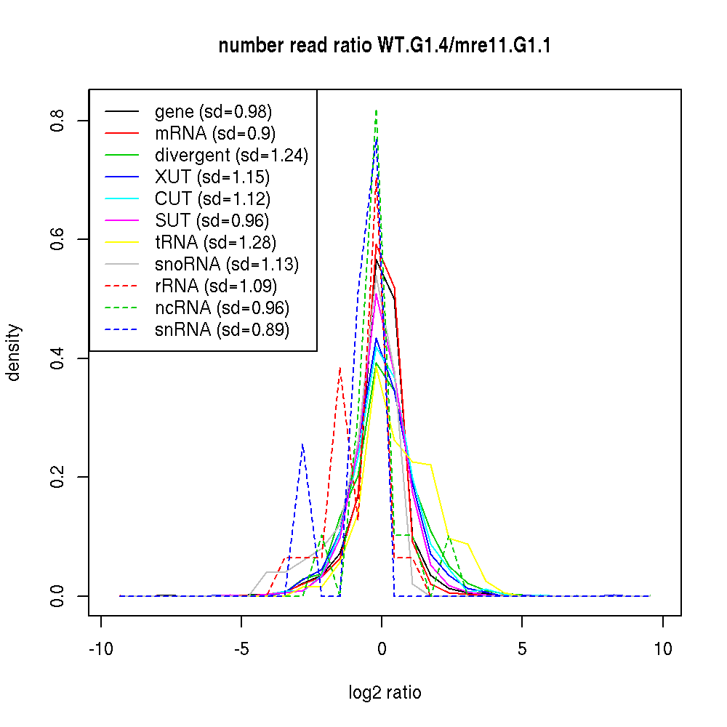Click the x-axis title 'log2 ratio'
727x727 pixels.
(x=385, y=693)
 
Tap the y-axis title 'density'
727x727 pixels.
(x=13, y=353)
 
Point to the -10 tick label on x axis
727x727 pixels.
(x=100, y=649)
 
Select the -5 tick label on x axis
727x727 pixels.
(x=241, y=649)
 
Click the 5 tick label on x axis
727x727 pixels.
(x=522, y=649)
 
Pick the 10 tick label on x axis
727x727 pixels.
(x=662, y=649)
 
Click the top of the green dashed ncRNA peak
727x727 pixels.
(x=376, y=111)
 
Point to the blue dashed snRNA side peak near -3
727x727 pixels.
(x=302, y=444)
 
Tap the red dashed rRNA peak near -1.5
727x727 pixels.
(x=340, y=368)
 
